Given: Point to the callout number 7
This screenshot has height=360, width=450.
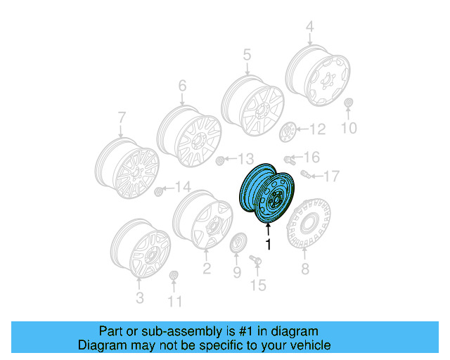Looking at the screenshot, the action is coord(120,117).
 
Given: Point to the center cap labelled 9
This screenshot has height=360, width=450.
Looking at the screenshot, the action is coord(238,245).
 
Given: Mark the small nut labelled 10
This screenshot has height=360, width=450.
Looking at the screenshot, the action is coord(349,105).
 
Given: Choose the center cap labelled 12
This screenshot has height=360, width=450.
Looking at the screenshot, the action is coord(288,131).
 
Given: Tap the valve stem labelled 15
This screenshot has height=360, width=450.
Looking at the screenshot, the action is coord(255,262).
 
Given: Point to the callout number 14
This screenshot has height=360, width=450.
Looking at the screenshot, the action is coord(183,187).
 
